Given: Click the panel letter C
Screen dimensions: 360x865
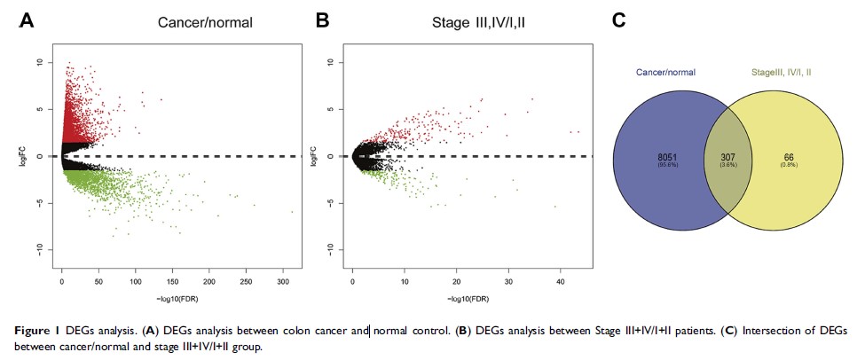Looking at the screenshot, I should (x=618, y=20).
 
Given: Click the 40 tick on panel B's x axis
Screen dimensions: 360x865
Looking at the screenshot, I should (x=560, y=281).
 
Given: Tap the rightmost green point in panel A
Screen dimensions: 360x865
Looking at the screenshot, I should (x=292, y=212).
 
